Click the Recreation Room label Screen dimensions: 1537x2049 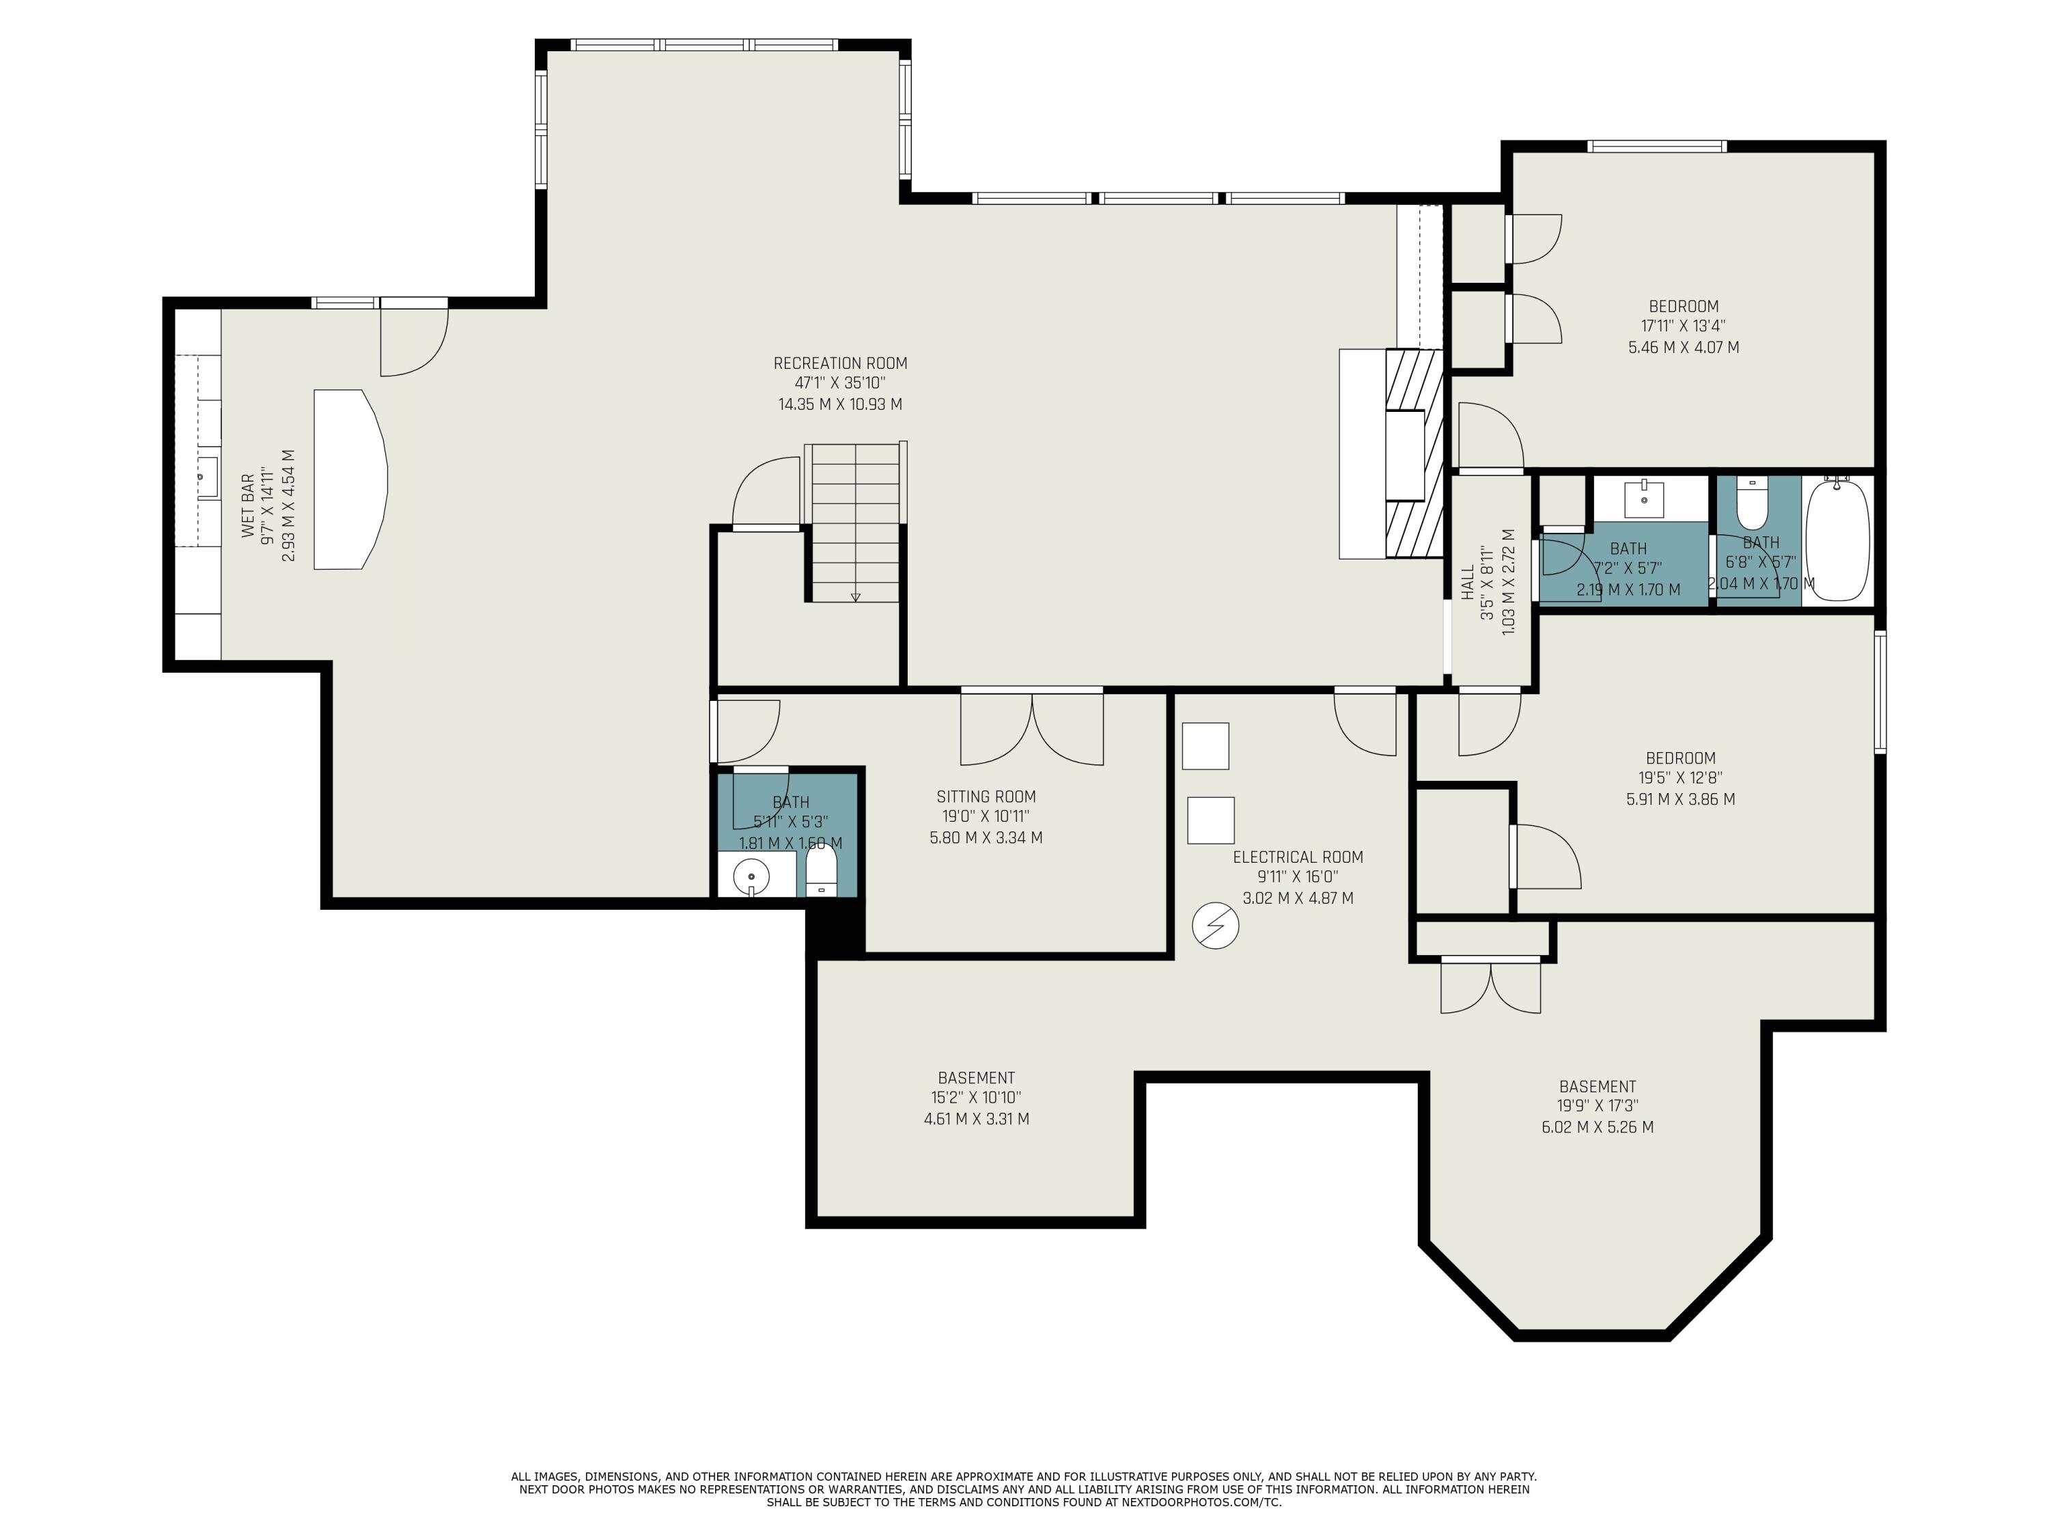pyautogui.click(x=840, y=363)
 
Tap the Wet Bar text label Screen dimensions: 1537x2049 pyautogui.click(x=248, y=506)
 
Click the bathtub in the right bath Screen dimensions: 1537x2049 pyautogui.click(x=1837, y=540)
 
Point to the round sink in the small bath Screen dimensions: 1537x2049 pyautogui.click(x=751, y=876)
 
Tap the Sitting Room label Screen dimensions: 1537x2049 pyautogui.click(x=986, y=796)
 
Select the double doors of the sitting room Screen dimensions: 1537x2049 pyautogui.click(x=1031, y=728)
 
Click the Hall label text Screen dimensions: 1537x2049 pyautogui.click(x=1467, y=583)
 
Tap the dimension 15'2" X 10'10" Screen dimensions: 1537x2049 pyautogui.click(x=975, y=1097)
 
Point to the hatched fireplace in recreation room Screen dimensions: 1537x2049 pyautogui.click(x=1414, y=453)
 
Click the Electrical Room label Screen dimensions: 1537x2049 pyautogui.click(x=1298, y=857)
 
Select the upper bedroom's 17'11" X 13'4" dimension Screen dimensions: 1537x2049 pyautogui.click(x=1683, y=326)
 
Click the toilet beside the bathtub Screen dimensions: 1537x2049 pyautogui.click(x=1753, y=503)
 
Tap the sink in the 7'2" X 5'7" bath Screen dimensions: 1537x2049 pyautogui.click(x=1644, y=500)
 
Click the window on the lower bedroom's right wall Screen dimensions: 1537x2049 pyautogui.click(x=1880, y=691)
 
